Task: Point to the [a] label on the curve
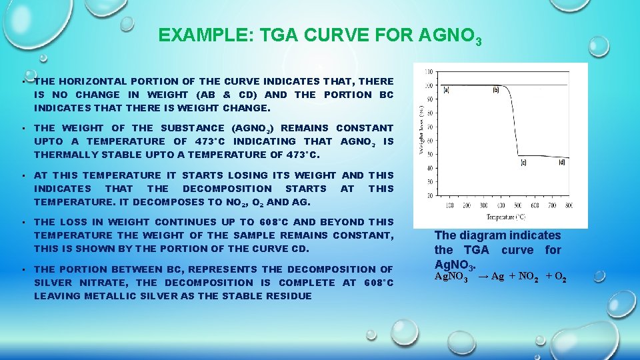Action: (x=446, y=89)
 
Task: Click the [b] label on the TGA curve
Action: (x=495, y=89)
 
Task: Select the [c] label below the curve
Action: (x=523, y=162)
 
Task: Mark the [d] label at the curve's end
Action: (x=561, y=162)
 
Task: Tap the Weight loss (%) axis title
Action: (x=421, y=131)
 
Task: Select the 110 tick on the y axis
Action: (x=428, y=71)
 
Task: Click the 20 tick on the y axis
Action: (x=429, y=196)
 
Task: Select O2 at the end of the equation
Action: (x=560, y=277)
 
